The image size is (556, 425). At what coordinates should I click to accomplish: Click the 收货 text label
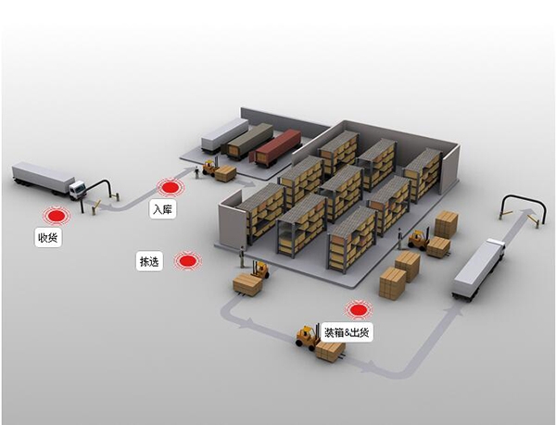47,239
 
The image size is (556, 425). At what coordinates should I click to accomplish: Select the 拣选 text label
149,262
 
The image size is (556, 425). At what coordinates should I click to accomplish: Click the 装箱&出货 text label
347,331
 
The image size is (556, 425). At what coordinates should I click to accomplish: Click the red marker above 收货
57,216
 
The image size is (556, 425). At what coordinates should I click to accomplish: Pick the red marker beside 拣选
187,262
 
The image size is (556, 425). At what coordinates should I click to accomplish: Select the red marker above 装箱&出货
357,309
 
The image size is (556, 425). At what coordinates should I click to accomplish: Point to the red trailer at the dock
275,145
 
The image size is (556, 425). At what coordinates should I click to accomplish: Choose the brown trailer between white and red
249,139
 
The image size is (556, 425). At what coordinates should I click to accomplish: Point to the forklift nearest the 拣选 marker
260,269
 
